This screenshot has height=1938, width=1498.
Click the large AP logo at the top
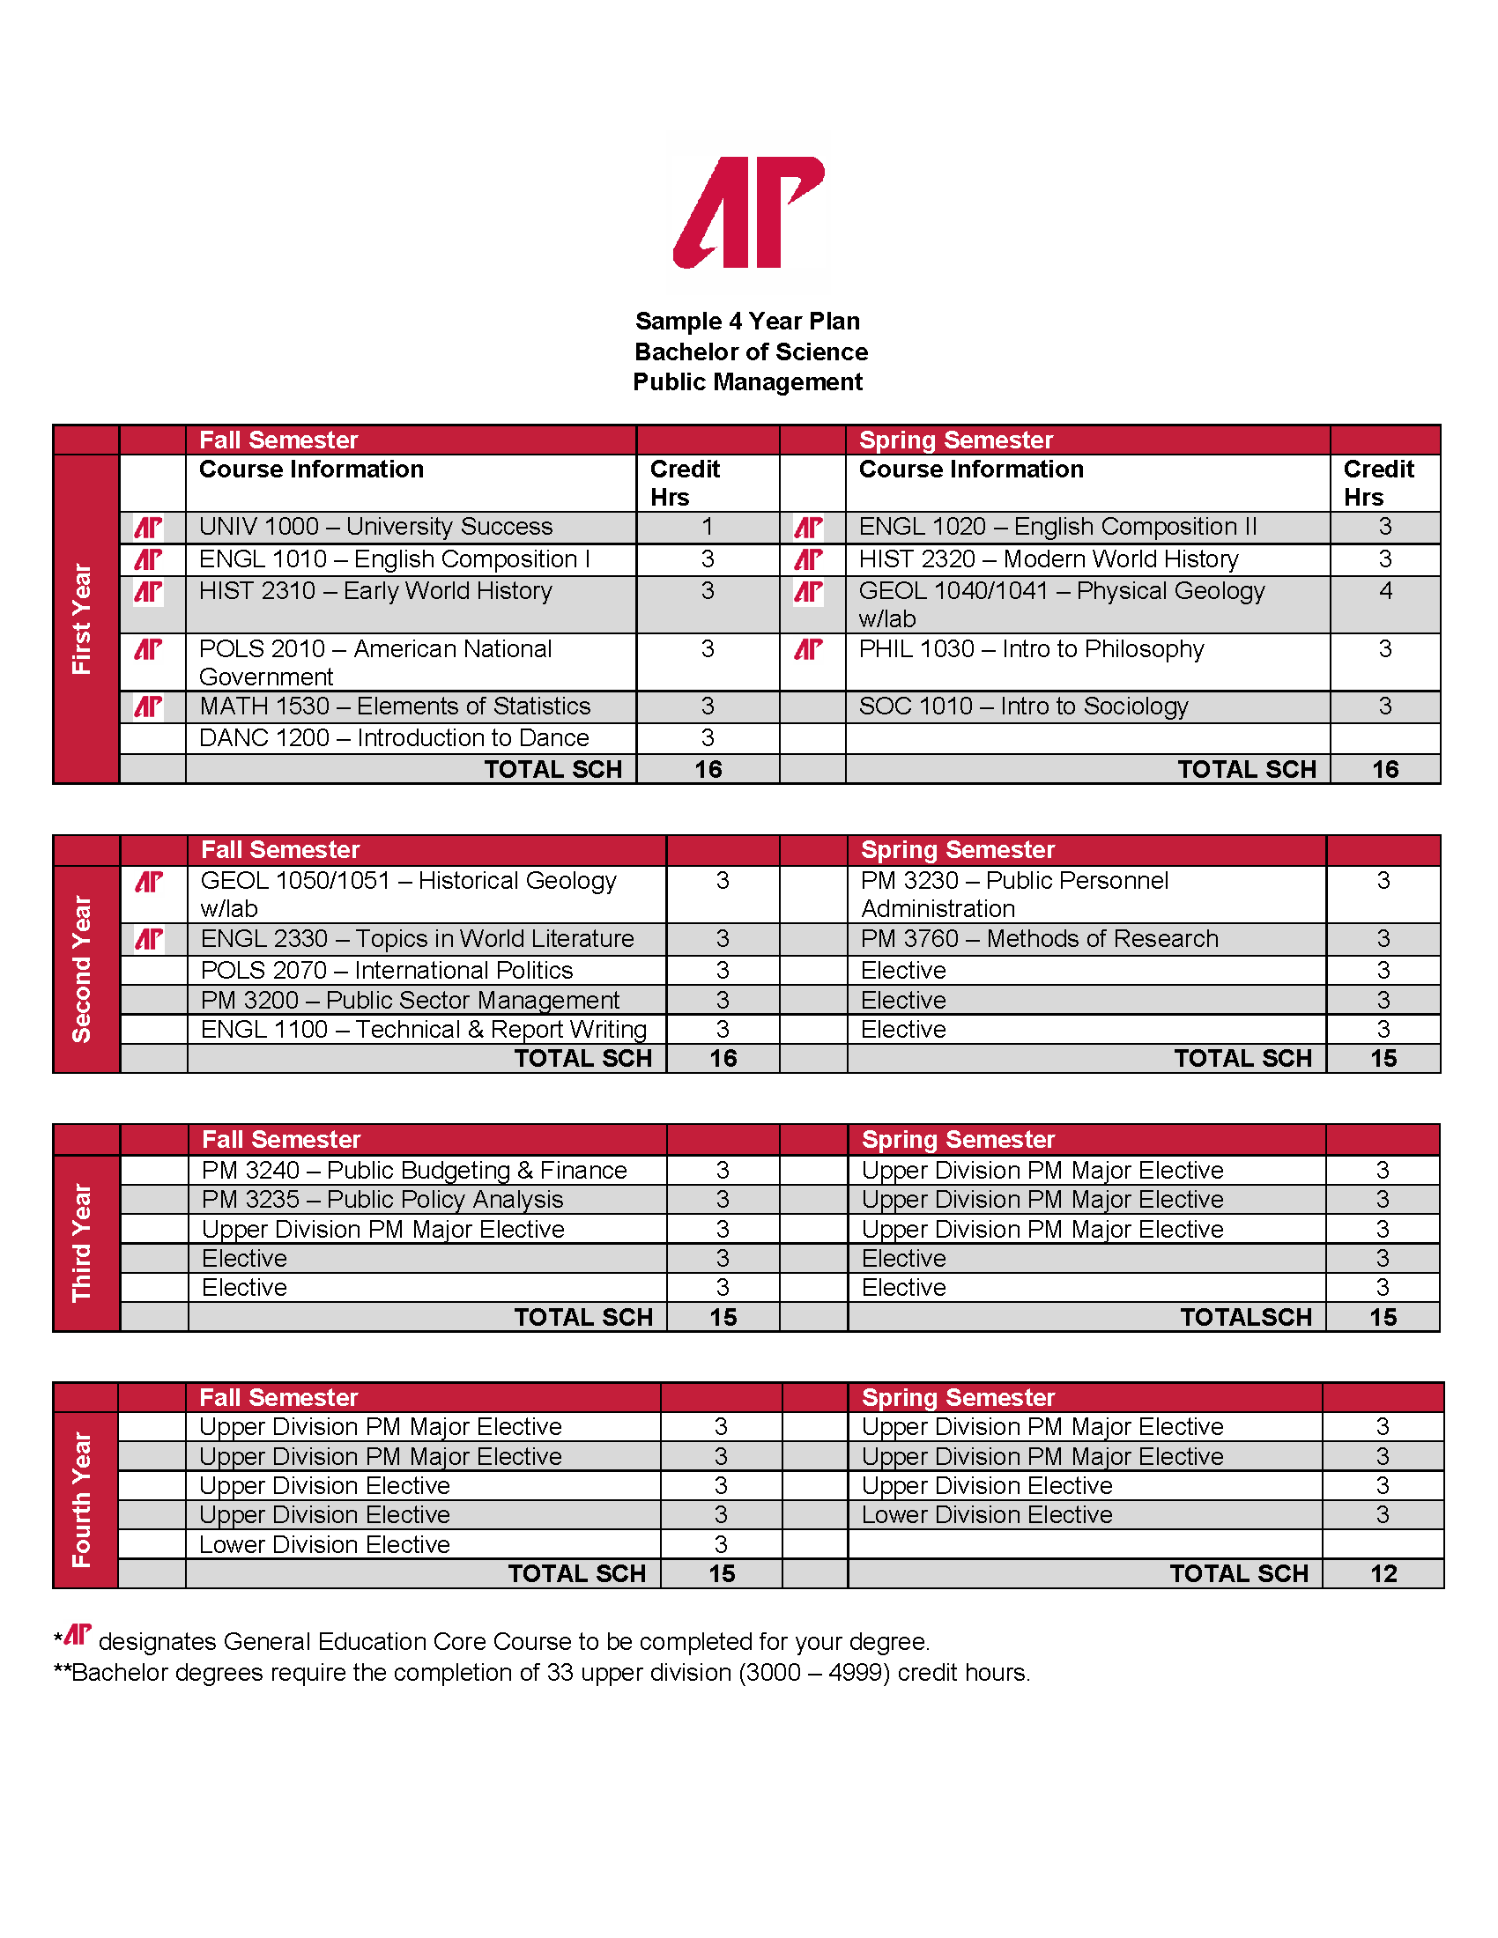click(749, 212)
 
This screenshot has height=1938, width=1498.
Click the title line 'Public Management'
click(747, 382)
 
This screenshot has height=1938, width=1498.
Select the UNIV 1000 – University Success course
click(375, 527)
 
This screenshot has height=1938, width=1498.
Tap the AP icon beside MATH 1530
click(148, 706)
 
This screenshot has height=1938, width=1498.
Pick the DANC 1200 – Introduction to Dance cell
click(393, 738)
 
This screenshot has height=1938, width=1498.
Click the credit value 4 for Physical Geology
click(1384, 591)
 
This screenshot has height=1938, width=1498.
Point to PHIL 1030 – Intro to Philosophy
click(1031, 649)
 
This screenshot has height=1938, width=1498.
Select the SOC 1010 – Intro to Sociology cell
click(1023, 706)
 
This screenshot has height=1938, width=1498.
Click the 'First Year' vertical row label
click(83, 618)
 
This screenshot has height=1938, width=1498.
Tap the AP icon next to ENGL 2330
click(149, 939)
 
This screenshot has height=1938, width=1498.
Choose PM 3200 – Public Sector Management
click(410, 1000)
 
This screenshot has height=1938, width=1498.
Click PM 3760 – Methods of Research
click(1039, 939)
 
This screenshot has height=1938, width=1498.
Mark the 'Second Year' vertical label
click(83, 968)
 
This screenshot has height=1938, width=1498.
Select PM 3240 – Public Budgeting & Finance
click(413, 1171)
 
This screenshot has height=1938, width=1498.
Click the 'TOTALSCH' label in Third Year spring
click(1245, 1318)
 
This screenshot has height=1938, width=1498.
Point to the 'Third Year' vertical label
click(83, 1242)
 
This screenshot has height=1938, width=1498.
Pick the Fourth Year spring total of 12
click(1383, 1574)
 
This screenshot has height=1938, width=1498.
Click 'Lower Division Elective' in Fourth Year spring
click(987, 1515)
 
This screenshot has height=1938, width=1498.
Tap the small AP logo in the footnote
click(78, 1634)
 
